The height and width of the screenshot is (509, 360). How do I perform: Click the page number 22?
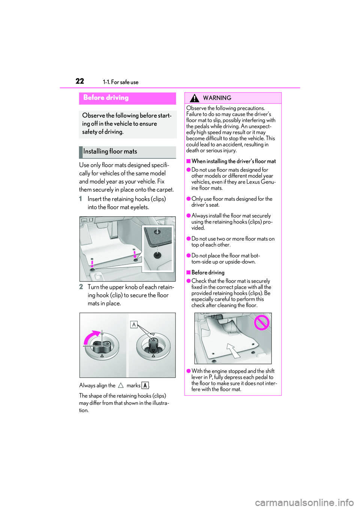[80, 81]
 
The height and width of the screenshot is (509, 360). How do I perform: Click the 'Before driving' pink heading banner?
[127, 98]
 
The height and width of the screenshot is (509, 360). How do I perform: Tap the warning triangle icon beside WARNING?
[194, 98]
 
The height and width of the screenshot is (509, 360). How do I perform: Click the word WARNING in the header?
[217, 98]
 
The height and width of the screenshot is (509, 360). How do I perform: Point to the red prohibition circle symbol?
[262, 322]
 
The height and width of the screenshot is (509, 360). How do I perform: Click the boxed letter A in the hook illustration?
[134, 325]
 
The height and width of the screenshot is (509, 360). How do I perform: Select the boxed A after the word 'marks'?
[145, 385]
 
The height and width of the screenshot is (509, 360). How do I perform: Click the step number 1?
[81, 199]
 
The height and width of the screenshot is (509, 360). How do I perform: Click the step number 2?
[81, 287]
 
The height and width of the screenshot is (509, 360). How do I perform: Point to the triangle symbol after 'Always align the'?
[121, 385]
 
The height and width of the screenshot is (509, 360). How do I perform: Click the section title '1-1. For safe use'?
[120, 82]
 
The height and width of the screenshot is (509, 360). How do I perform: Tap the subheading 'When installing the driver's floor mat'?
[233, 161]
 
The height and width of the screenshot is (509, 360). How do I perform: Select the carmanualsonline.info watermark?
[304, 502]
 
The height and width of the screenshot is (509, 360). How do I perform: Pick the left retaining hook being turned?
[102, 346]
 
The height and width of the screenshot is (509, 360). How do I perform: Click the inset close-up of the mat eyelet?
[157, 248]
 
